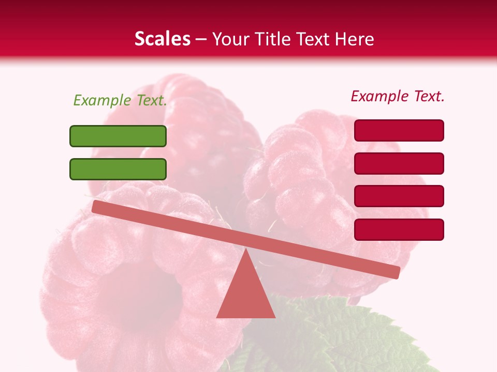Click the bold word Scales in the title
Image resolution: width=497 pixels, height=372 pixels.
(x=162, y=39)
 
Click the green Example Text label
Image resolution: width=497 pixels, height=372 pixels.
(x=120, y=100)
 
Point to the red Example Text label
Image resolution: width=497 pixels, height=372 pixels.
(x=398, y=96)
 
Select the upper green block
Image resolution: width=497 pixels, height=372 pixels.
(x=118, y=136)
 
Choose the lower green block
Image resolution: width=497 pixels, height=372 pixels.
(x=118, y=169)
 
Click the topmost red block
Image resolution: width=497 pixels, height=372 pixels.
(x=399, y=130)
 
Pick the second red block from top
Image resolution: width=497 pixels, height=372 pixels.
(x=399, y=163)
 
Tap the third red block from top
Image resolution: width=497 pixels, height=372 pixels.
(x=399, y=196)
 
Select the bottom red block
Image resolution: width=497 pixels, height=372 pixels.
(x=399, y=229)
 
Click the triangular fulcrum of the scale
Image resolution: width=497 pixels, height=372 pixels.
(x=245, y=292)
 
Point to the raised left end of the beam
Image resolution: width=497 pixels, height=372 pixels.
(x=98, y=207)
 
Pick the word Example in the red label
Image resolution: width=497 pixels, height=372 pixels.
(x=379, y=96)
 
